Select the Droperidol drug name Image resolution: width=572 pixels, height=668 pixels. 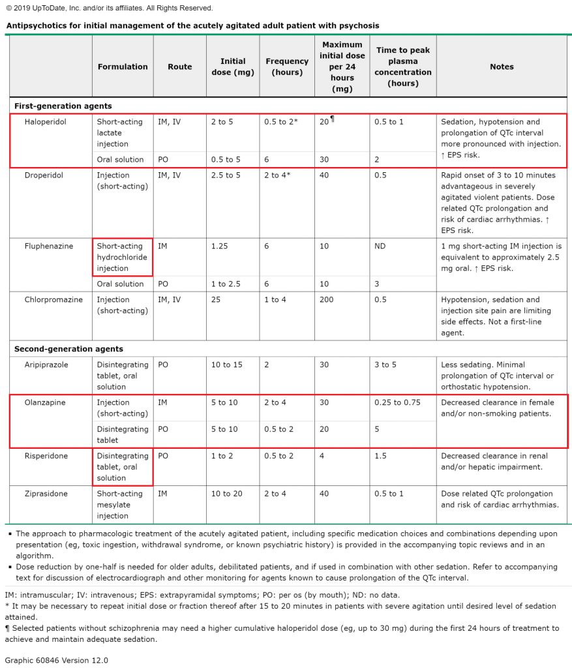point(43,175)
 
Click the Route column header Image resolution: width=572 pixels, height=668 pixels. point(179,67)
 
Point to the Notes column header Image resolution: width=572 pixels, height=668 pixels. point(502,67)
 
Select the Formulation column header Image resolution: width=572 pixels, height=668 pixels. point(123,67)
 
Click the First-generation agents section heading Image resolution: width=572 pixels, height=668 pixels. point(63,106)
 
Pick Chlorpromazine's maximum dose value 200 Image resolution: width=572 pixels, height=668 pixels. point(327,299)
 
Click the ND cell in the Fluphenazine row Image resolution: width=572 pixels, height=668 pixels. point(381,246)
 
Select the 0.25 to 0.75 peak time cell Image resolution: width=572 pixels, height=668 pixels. point(397,402)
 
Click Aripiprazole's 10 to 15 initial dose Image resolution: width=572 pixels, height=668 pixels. point(226,365)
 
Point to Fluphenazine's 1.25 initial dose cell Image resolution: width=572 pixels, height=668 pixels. point(219,246)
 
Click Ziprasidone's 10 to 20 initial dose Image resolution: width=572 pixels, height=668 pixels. point(226,494)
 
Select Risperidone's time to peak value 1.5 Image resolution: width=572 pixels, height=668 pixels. point(380,456)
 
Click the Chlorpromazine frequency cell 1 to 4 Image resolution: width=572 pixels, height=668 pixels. point(275,299)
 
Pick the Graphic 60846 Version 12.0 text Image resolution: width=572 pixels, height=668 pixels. point(56,660)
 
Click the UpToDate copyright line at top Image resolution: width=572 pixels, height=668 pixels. point(109,8)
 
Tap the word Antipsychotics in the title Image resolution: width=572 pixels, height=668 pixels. point(36,26)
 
